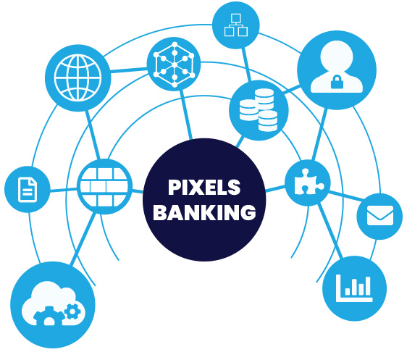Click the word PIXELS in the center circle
click(x=204, y=187)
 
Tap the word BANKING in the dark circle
click(x=204, y=212)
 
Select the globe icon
click(x=78, y=78)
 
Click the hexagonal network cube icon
click(x=174, y=64)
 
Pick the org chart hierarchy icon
click(x=235, y=25)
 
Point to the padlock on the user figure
click(x=337, y=82)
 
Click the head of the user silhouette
click(x=337, y=56)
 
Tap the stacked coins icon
click(x=259, y=110)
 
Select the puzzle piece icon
click(x=309, y=182)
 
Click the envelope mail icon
click(x=380, y=215)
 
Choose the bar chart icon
click(x=354, y=288)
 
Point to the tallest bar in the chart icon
click(x=367, y=286)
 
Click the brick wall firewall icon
click(x=104, y=187)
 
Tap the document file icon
click(x=28, y=190)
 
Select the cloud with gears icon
click(x=53, y=304)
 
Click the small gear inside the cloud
click(x=72, y=311)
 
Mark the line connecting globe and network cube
click(x=129, y=70)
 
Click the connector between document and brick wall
click(x=64, y=190)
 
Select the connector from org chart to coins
click(x=246, y=64)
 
